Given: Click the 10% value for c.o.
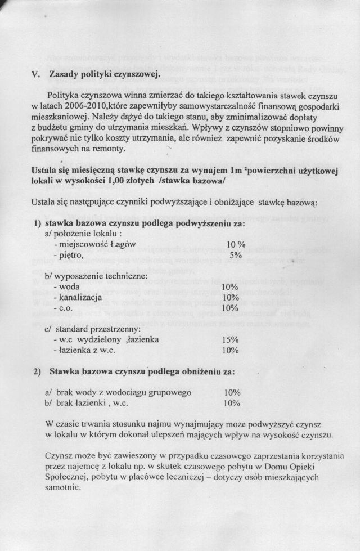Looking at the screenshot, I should (x=231, y=308).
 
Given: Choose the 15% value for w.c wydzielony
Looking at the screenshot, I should (x=231, y=339).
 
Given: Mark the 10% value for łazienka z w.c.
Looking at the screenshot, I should (x=231, y=350).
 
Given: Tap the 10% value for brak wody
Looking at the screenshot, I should (x=232, y=392).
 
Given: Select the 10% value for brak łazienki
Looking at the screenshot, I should (x=232, y=403).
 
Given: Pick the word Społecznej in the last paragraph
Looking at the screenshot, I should (x=66, y=477).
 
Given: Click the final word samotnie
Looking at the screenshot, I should (x=61, y=487).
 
